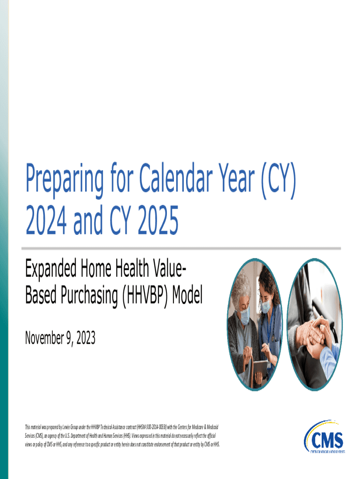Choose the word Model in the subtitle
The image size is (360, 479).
(x=187, y=296)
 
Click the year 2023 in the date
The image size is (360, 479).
(x=84, y=338)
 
